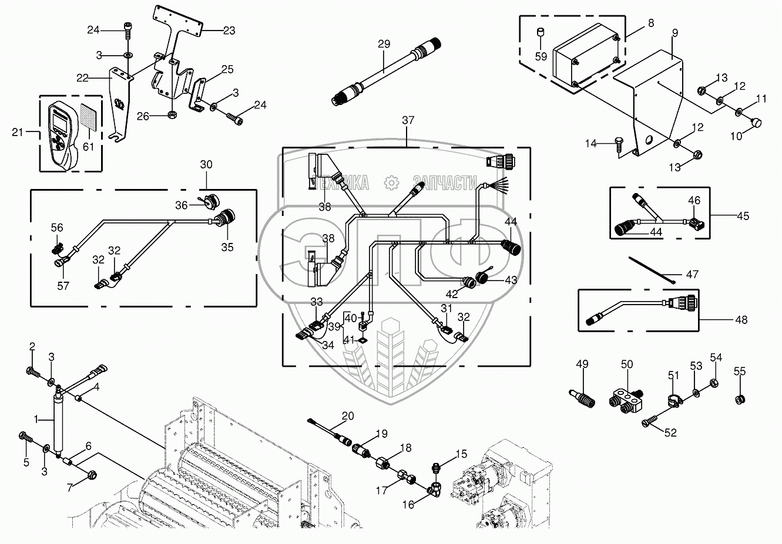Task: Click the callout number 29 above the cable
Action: point(384,45)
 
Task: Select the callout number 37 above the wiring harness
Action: point(408,120)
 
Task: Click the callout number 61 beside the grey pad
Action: point(88,147)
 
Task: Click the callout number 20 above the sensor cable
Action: point(348,416)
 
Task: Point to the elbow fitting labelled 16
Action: point(437,486)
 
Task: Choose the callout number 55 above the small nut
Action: point(740,371)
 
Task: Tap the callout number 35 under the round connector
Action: point(227,247)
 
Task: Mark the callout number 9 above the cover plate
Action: point(675,33)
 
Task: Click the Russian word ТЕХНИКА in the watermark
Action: point(345,183)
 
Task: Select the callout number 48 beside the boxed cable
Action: point(741,320)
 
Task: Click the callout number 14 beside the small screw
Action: point(591,143)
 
